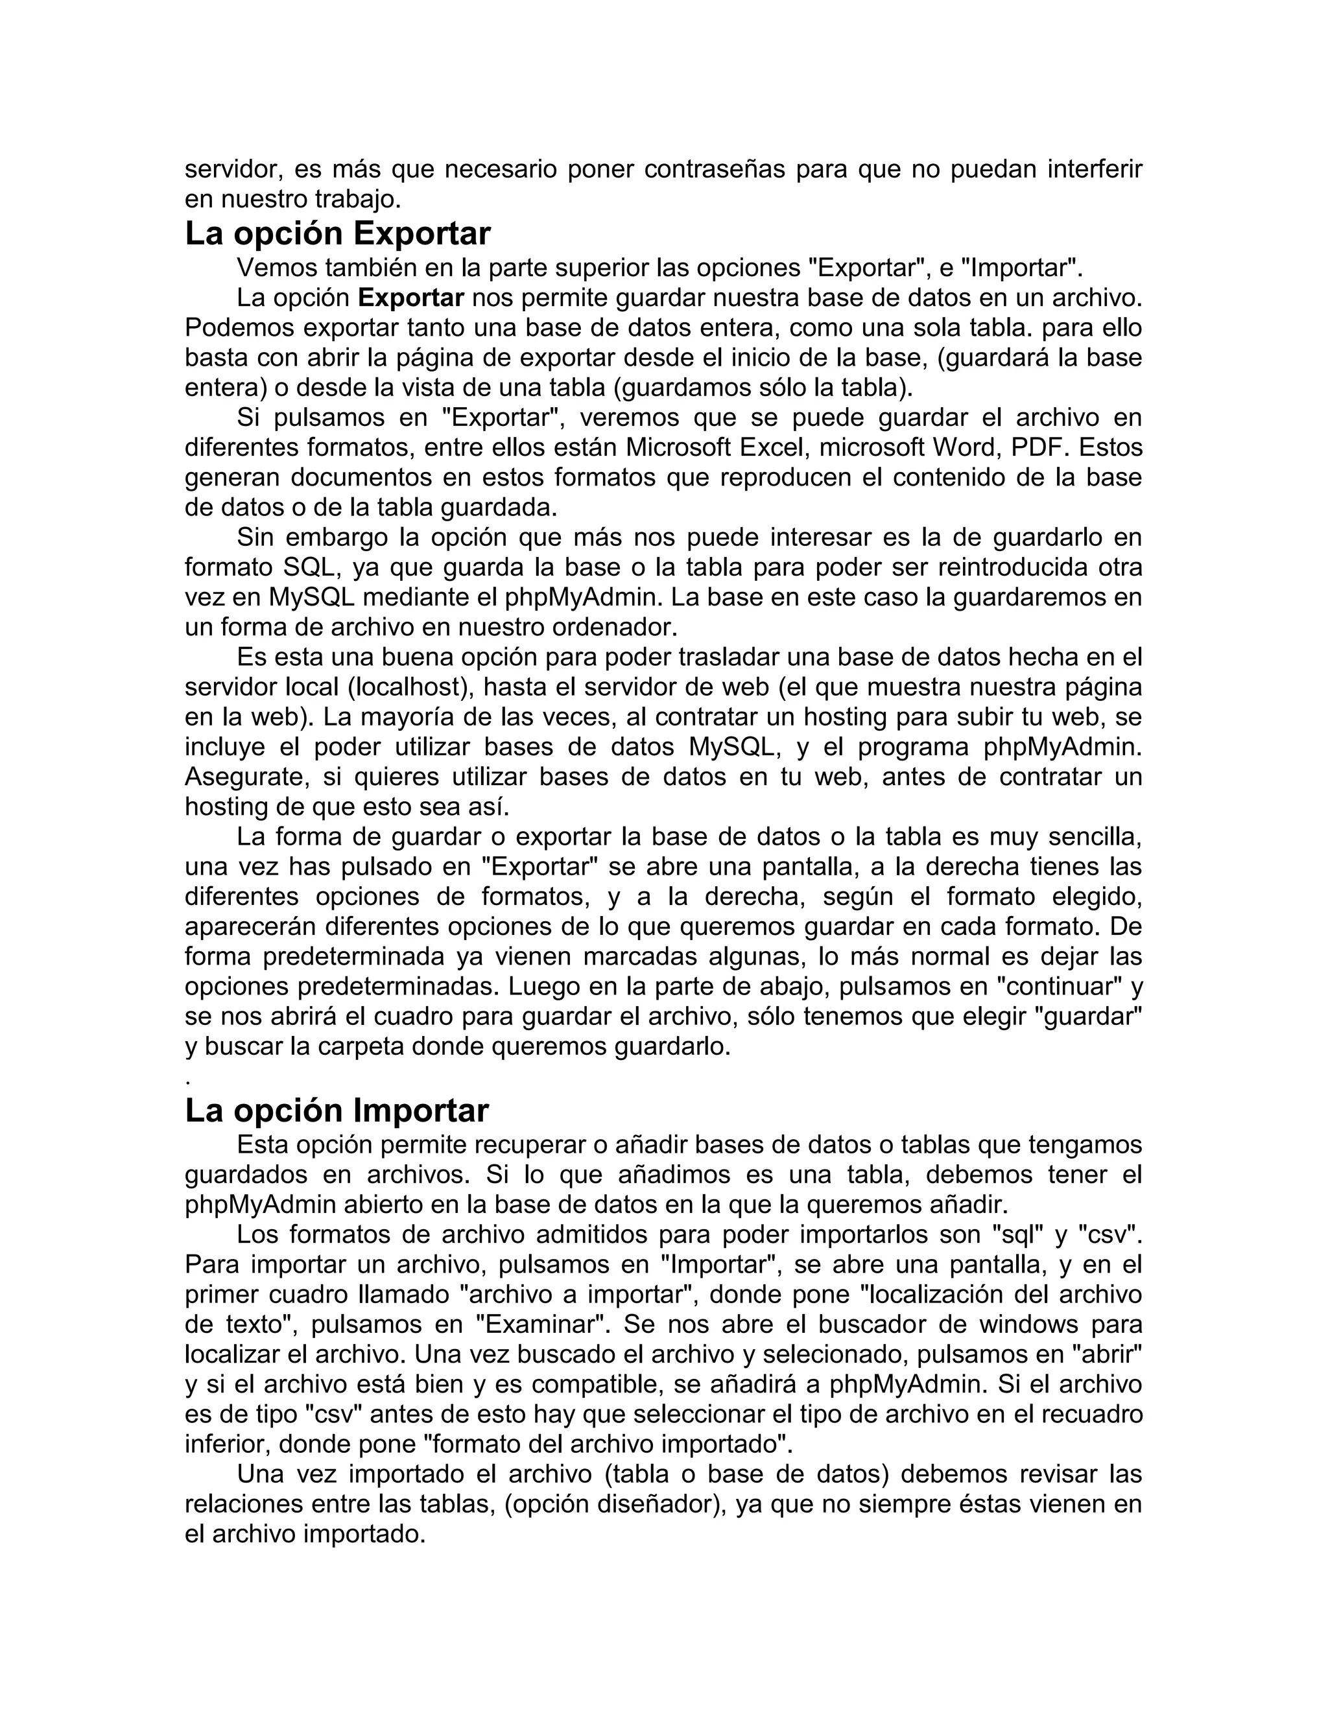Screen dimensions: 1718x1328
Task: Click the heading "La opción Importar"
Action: [337, 1111]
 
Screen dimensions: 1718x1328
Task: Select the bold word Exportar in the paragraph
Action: [410, 298]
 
